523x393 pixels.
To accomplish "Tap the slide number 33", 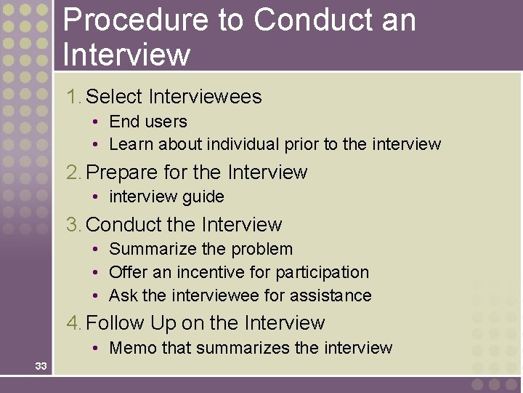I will coord(41,366).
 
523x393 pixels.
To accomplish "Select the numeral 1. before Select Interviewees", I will coord(73,97).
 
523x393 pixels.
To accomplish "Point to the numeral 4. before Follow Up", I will coord(74,323).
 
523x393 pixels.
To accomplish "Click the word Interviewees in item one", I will coord(205,97).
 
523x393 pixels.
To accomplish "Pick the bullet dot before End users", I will coord(96,122).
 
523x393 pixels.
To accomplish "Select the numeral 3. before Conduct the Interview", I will coord(74,225).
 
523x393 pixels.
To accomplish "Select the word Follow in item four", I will coord(115,323).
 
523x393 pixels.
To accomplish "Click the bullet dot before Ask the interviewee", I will coord(96,296).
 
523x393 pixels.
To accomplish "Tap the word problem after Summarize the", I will coord(261,249).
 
